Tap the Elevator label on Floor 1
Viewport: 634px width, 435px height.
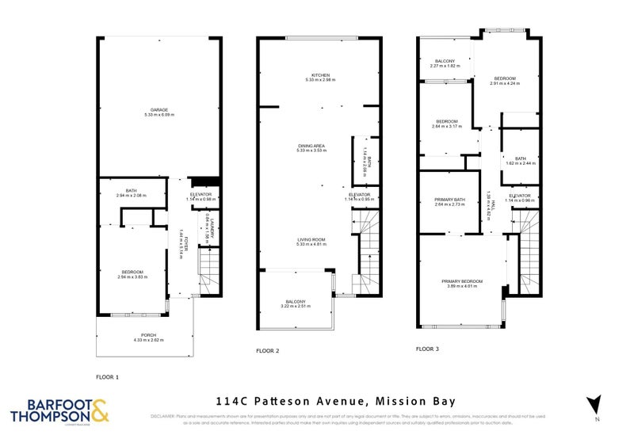point(201,197)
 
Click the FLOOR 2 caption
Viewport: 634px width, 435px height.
point(267,350)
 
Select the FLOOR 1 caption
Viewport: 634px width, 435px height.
point(107,376)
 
